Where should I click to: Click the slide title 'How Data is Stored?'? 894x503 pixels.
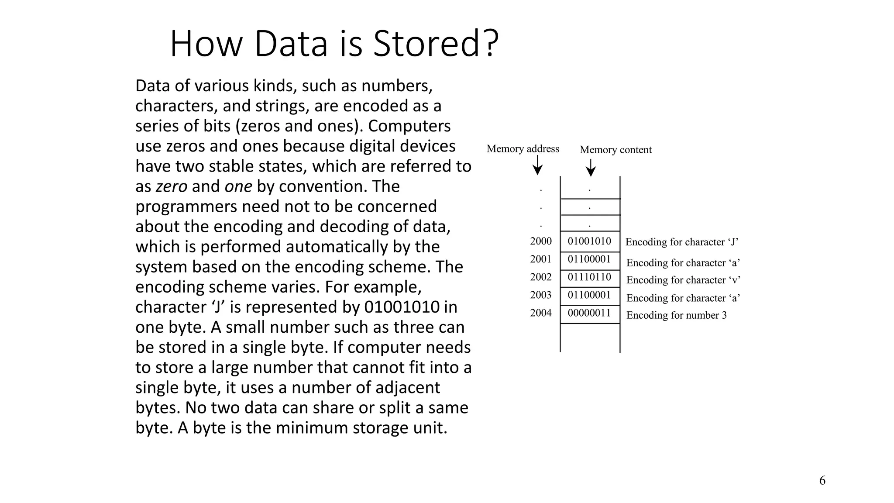(x=334, y=44)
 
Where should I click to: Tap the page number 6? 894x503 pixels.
(x=822, y=480)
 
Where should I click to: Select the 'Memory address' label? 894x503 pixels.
(x=523, y=149)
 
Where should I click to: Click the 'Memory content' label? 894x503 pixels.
(x=615, y=150)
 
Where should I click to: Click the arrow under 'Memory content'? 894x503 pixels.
(x=591, y=168)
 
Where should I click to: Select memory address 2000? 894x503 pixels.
(x=541, y=241)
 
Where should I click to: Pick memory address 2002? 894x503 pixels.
(x=541, y=277)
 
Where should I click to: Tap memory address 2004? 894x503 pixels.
(x=541, y=313)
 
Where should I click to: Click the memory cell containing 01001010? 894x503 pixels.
(x=589, y=241)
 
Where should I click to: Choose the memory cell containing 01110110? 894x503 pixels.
(x=589, y=277)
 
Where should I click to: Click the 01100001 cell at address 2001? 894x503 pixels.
(x=589, y=259)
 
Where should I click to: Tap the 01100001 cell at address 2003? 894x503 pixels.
(x=589, y=295)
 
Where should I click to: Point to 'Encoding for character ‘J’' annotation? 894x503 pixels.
(x=682, y=242)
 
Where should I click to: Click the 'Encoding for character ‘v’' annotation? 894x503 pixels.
(x=683, y=280)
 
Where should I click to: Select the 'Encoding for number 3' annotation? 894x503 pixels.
(x=676, y=315)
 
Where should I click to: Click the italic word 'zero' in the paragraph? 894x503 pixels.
(x=172, y=186)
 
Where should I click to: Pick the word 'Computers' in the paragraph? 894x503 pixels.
(x=409, y=126)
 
